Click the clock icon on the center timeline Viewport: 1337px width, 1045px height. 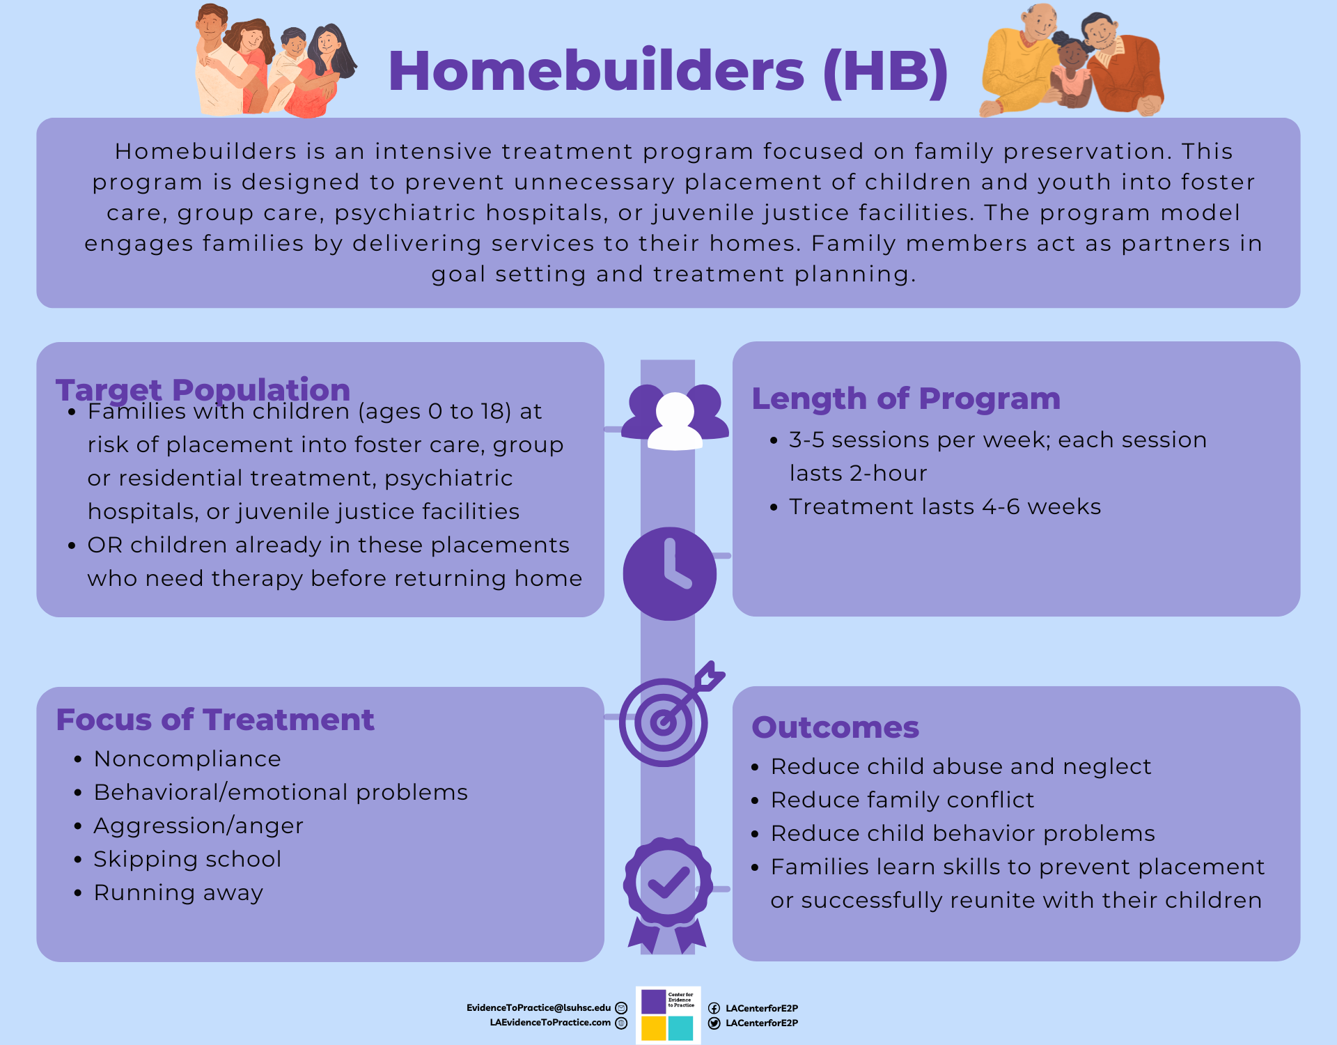(669, 573)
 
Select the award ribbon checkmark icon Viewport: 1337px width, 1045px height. (668, 894)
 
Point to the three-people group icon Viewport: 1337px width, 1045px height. (675, 417)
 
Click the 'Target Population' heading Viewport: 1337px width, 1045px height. (203, 389)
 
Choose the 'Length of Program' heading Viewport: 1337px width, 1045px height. (906, 398)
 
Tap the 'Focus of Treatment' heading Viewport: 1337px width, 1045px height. (215, 720)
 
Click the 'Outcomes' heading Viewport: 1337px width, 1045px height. (836, 727)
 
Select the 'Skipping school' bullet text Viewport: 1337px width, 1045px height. (187, 859)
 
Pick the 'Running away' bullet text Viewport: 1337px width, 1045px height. (178, 892)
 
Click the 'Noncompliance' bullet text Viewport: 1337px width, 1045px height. (187, 759)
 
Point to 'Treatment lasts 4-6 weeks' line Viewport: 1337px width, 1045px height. (945, 506)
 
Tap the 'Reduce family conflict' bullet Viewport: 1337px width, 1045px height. (902, 800)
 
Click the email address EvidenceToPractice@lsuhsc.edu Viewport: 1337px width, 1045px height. (538, 1007)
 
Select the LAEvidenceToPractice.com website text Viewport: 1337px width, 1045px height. (550, 1023)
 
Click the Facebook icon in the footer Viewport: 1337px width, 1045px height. (714, 1008)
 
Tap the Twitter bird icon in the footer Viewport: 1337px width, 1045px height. (714, 1023)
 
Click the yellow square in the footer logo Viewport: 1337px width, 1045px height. (653, 1028)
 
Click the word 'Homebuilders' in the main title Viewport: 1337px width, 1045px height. (596, 71)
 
